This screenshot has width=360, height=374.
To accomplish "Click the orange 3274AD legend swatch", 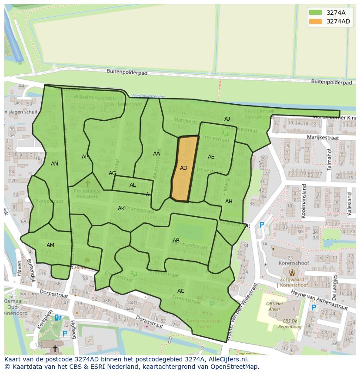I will click(316, 21).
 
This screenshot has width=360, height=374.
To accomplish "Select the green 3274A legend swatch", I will click(316, 13).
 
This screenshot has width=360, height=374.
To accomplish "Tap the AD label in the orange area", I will click(183, 168).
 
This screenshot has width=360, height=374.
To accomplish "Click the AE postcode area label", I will click(211, 157).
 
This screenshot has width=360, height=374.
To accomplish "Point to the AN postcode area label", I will click(54, 164).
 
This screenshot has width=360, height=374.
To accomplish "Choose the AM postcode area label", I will click(50, 245).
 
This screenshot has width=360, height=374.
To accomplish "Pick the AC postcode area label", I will click(181, 291).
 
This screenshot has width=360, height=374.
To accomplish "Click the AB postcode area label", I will click(176, 241).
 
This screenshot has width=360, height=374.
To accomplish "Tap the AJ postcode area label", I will click(227, 119).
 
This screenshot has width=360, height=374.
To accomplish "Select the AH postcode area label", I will click(229, 202).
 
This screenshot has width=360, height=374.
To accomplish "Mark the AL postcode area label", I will click(133, 185).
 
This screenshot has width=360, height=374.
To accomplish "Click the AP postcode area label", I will click(85, 157).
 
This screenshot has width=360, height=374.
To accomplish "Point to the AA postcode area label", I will click(157, 154).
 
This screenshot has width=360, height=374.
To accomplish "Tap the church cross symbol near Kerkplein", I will click(55, 349).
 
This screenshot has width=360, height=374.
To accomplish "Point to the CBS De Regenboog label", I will click(287, 324).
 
